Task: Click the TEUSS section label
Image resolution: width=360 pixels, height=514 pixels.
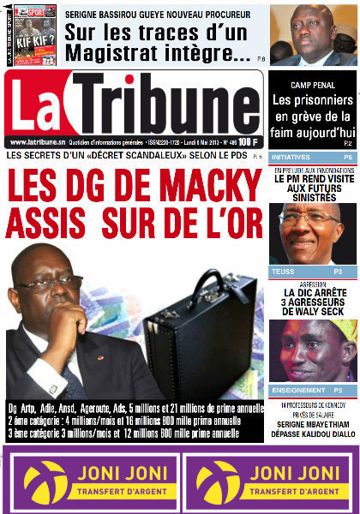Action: click(282, 272)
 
